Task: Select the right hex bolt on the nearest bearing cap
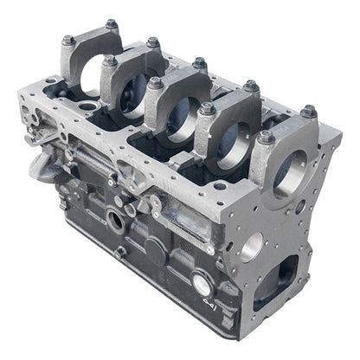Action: (308, 112)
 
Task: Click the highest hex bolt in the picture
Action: (112, 24)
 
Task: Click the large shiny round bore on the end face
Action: (252, 247)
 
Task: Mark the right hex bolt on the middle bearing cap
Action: (200, 63)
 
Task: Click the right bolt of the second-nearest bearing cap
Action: (251, 86)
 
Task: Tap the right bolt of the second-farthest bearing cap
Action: (153, 42)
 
